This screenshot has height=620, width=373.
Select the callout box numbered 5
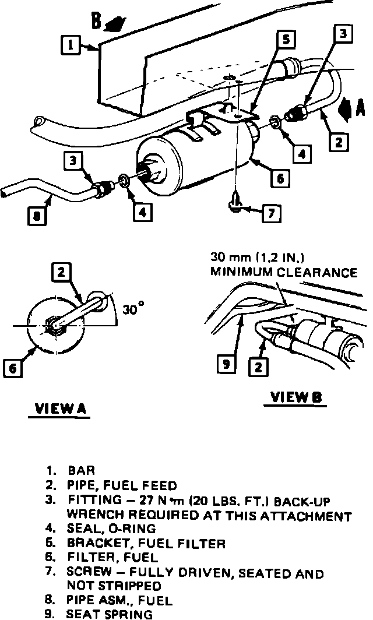[286, 41]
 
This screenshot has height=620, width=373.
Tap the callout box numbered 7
[271, 213]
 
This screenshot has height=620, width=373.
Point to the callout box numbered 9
[226, 365]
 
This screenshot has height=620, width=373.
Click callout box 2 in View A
[61, 272]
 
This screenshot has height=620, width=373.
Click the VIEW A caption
[58, 409]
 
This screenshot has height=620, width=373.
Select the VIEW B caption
[297, 398]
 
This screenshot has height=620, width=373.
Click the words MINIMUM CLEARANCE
[284, 272]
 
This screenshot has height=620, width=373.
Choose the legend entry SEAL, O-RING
[111, 529]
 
